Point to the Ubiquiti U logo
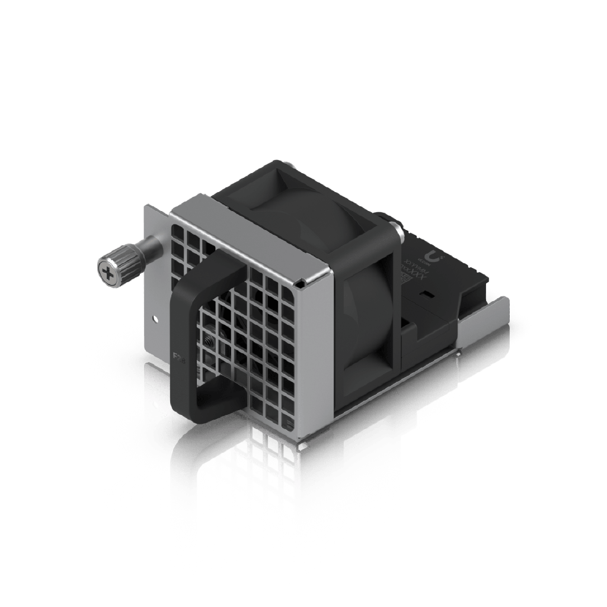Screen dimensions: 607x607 [x=438, y=257]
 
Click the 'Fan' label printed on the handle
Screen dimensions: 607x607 [x=177, y=357]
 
